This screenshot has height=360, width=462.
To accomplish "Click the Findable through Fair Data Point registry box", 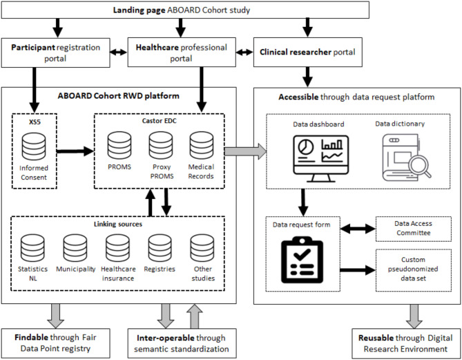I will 56,341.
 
